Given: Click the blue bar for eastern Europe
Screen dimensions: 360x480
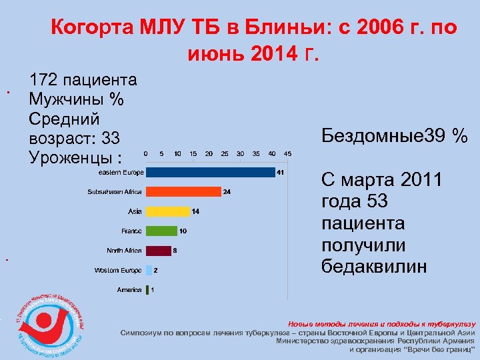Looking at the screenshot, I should point(210,173).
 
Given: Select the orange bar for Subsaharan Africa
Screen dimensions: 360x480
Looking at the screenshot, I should point(183,192).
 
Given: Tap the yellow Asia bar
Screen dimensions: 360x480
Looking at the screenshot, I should point(168,211).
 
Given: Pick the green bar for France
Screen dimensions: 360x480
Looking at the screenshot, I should point(161,231).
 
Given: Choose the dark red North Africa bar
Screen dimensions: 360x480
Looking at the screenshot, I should point(158,251).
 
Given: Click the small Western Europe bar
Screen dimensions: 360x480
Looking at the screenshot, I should point(149,270).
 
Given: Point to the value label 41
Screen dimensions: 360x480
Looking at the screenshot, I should point(281,173).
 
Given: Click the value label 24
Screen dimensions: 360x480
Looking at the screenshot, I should point(227,192).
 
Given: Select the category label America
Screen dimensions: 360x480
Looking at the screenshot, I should point(129,290).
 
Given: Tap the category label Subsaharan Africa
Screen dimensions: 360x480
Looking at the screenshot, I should point(115,192).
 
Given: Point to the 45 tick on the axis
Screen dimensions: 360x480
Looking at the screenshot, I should point(287,153).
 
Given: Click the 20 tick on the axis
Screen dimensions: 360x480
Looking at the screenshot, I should point(209,153).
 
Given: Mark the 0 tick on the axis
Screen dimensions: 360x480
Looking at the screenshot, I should point(146,153).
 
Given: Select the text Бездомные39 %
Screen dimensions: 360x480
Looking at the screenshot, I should point(394,136).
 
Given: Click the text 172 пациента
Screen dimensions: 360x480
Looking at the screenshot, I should point(83,81).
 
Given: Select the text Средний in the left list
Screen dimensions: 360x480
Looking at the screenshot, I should point(64,119).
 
